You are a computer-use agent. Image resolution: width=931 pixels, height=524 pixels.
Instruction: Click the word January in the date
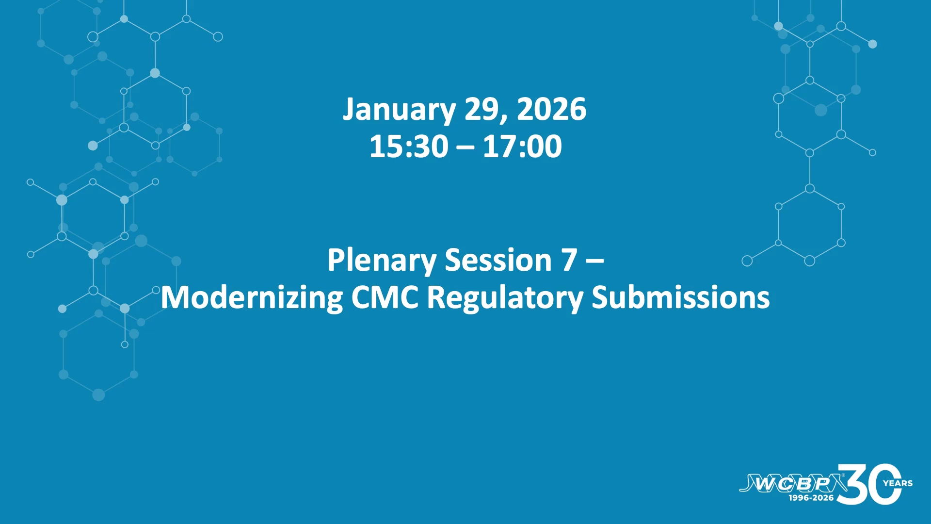pyautogui.click(x=399, y=110)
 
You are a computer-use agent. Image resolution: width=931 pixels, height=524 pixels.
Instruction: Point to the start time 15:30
pyautogui.click(x=409, y=146)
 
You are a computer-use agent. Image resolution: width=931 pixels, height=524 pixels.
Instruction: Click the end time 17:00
pyautogui.click(x=522, y=146)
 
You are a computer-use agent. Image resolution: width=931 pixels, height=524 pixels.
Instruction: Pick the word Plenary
pyautogui.click(x=382, y=261)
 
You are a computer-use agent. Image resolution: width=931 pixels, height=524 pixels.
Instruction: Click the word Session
pyautogui.click(x=498, y=260)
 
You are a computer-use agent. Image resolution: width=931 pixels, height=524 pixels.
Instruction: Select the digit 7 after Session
pyautogui.click(x=569, y=260)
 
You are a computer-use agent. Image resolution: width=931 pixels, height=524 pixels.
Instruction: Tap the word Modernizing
pyautogui.click(x=252, y=298)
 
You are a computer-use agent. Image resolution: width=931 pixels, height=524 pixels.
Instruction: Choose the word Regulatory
pyautogui.click(x=505, y=298)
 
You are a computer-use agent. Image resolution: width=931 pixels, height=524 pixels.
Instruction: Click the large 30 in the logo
pyautogui.click(x=869, y=484)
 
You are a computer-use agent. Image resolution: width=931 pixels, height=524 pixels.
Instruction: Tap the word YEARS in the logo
pyautogui.click(x=898, y=483)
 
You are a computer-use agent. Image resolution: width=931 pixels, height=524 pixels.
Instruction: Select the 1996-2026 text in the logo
pyautogui.click(x=811, y=498)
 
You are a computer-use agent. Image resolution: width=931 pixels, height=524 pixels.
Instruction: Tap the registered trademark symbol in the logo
pyautogui.click(x=843, y=475)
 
